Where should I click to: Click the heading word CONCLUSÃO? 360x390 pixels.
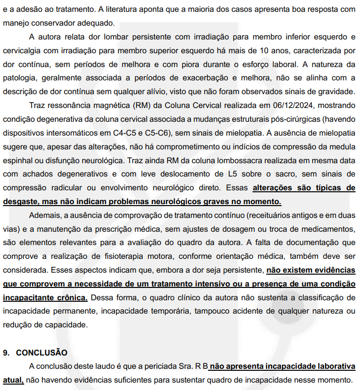41,353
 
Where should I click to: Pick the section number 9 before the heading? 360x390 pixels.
6,353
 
